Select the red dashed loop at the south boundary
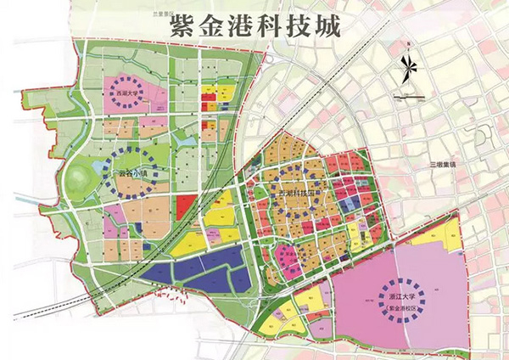pyautogui.click(x=175, y=297)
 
